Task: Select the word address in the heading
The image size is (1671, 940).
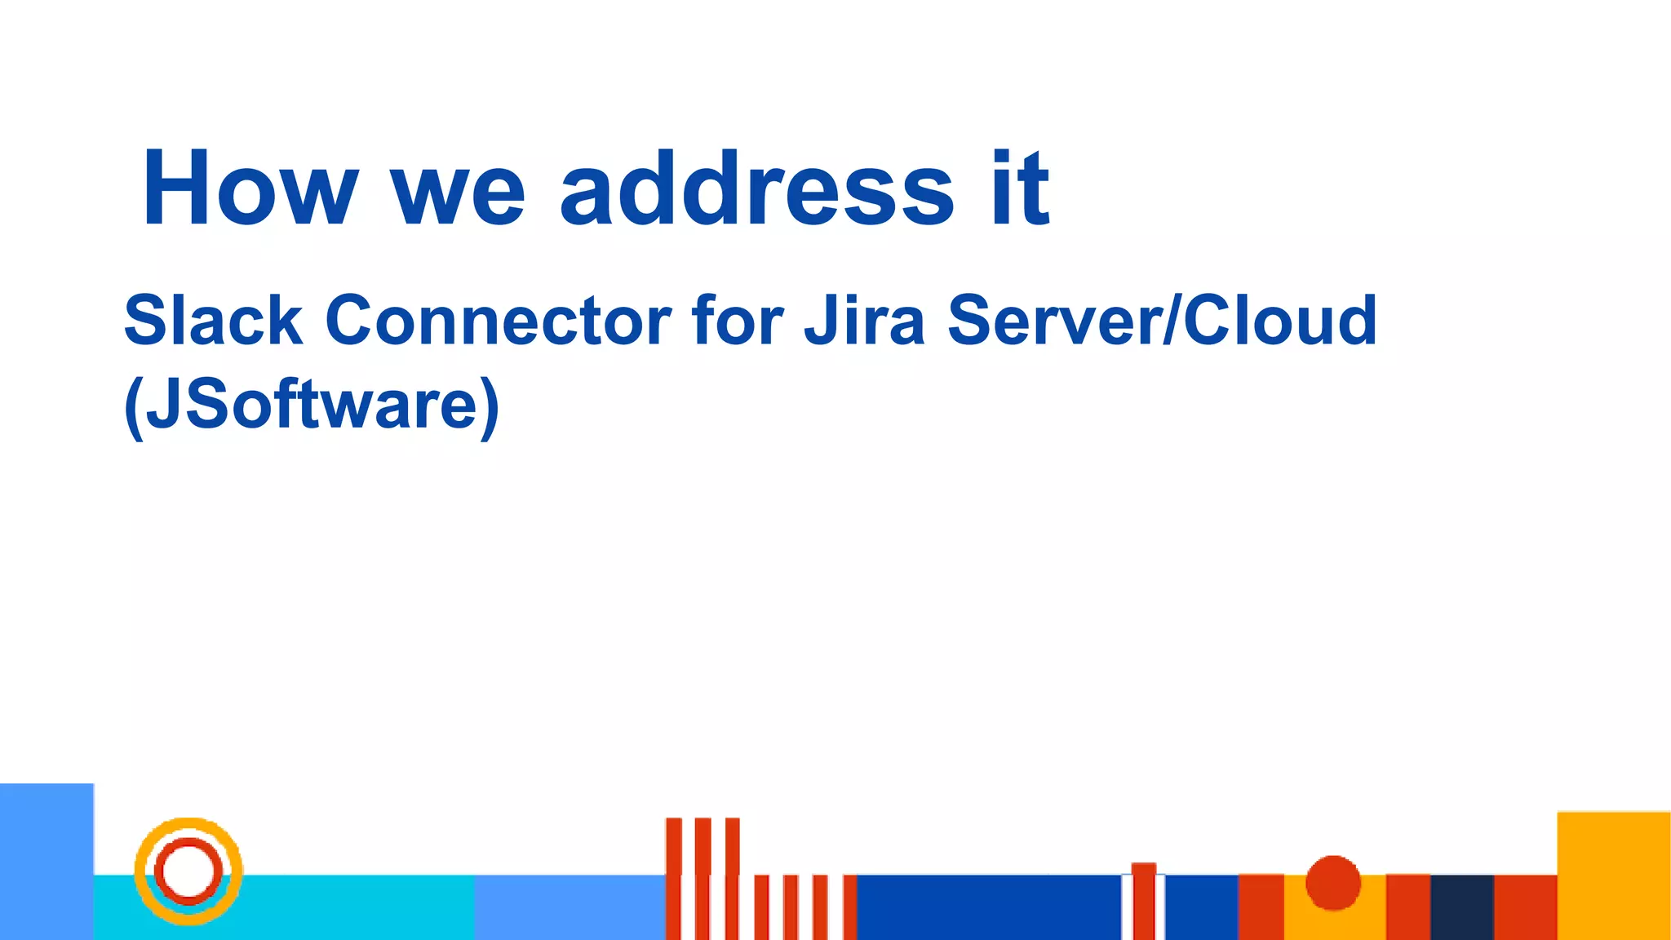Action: point(756,188)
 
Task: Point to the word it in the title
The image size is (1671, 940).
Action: point(1020,188)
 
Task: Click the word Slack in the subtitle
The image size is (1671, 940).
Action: point(213,320)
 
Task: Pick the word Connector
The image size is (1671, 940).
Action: point(498,320)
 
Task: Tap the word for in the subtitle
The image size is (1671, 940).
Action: point(738,320)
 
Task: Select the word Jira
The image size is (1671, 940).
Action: point(864,320)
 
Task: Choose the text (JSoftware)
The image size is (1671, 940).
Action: point(311,405)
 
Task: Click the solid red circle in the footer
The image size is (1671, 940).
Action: point(1333,883)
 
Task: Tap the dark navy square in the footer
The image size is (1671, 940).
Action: point(1462,907)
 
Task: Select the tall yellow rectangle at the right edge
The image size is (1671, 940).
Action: point(1613,876)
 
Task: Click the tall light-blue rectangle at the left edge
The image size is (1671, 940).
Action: point(47,861)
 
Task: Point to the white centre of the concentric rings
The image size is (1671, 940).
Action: point(188,871)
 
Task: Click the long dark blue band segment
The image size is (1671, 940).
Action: point(987,907)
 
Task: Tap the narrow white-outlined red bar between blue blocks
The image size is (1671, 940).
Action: point(1143,901)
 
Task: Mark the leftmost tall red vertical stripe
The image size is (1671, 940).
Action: point(674,877)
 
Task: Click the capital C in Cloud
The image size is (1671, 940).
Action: point(1208,320)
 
